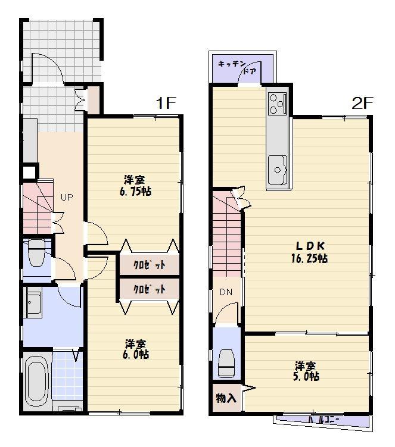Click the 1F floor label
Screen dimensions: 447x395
point(167,103)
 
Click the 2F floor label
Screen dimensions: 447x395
point(362,103)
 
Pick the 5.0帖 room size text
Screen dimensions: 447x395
point(306,376)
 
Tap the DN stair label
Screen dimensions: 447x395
point(226,292)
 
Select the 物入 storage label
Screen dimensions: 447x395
point(225,398)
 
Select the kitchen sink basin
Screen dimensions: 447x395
point(278,168)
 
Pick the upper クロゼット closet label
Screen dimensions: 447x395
point(148,265)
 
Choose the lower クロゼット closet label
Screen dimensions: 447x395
point(148,290)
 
